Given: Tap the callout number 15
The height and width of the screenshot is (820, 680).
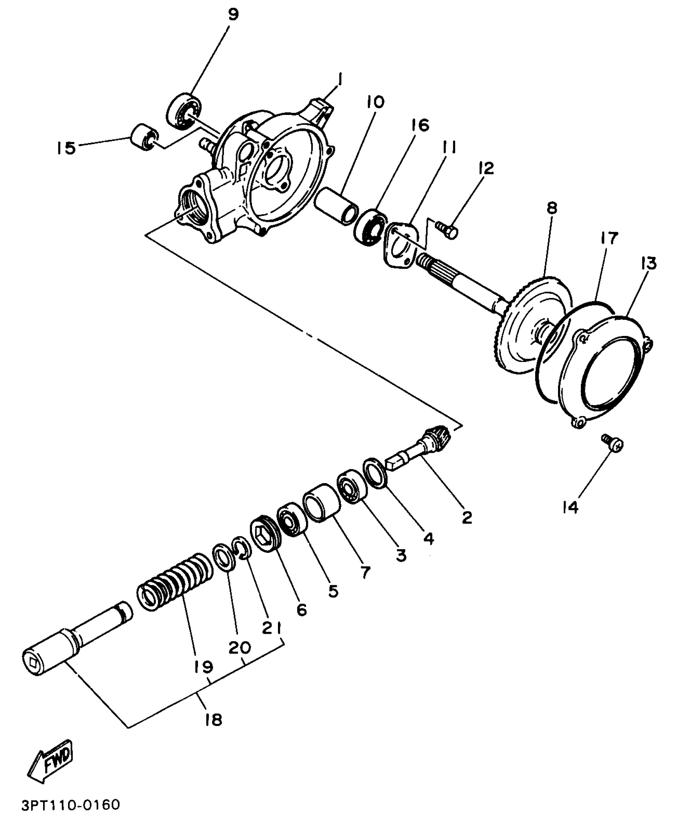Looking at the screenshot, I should click(66, 148).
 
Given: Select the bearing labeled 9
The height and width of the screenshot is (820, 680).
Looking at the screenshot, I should click(183, 110).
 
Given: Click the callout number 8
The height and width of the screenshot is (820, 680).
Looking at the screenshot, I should click(551, 208).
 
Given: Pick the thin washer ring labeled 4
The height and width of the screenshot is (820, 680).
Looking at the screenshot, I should click(375, 473).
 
